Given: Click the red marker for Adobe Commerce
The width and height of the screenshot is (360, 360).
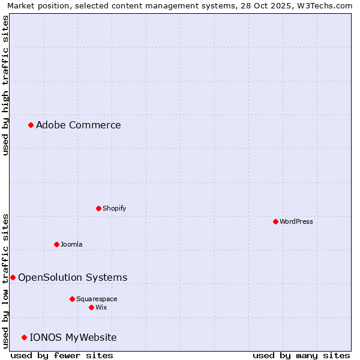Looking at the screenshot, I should (x=31, y=125).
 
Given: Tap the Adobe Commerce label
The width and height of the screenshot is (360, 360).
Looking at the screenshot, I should (x=79, y=125).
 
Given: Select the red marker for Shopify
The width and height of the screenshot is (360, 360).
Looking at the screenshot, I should (x=98, y=208).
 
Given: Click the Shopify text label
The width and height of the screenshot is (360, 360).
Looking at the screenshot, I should (x=114, y=208).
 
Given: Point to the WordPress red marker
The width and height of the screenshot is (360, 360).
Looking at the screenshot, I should (x=275, y=221).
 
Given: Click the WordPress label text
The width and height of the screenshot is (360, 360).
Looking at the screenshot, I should (x=296, y=221).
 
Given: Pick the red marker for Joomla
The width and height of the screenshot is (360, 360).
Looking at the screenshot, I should (x=56, y=244).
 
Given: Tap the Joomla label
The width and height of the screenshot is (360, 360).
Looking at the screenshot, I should (x=71, y=244).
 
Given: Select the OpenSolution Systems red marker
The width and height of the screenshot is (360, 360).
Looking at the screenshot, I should (x=13, y=277).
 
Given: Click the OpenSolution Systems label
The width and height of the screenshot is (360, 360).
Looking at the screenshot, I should (x=73, y=277).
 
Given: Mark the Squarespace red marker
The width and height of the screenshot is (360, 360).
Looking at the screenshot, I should (x=72, y=299).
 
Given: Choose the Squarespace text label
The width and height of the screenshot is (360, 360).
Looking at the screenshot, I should (x=97, y=299).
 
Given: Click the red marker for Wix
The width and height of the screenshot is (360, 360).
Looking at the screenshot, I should (x=91, y=307).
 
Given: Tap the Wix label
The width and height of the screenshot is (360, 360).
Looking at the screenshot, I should (x=101, y=307).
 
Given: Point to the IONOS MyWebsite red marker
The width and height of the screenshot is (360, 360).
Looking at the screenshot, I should (x=24, y=337).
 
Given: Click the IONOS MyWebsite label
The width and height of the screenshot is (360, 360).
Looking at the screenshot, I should (x=73, y=337).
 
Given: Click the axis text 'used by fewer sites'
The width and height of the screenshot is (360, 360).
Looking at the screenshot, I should (x=62, y=355).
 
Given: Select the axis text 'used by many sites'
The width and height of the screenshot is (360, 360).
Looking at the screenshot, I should (x=301, y=355).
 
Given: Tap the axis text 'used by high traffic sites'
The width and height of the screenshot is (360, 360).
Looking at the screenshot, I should (x=5, y=85).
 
